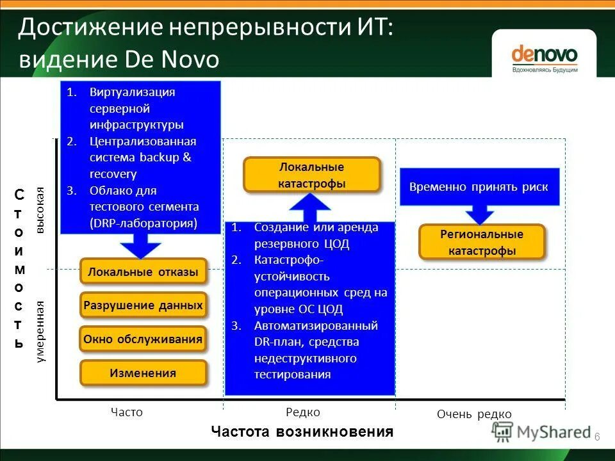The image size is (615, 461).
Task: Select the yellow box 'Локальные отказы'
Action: (x=143, y=271)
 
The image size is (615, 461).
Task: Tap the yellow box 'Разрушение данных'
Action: (x=143, y=305)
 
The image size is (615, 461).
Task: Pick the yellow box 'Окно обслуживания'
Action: (x=143, y=339)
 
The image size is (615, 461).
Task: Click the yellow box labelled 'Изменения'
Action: (x=143, y=373)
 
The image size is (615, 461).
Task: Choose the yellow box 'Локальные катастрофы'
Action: (x=312, y=175)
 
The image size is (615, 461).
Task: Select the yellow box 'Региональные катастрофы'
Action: (x=482, y=242)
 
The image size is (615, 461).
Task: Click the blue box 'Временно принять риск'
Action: (x=479, y=187)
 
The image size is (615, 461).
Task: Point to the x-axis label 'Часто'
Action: (x=126, y=412)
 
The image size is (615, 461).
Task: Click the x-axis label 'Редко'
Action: (x=303, y=412)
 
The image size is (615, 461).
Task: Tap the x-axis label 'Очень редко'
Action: (x=474, y=414)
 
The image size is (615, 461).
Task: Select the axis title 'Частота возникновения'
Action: (x=302, y=432)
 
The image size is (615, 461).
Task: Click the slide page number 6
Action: (x=597, y=437)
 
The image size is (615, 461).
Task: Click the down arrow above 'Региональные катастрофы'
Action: (x=479, y=214)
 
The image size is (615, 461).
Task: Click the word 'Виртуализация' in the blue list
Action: (x=132, y=92)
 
